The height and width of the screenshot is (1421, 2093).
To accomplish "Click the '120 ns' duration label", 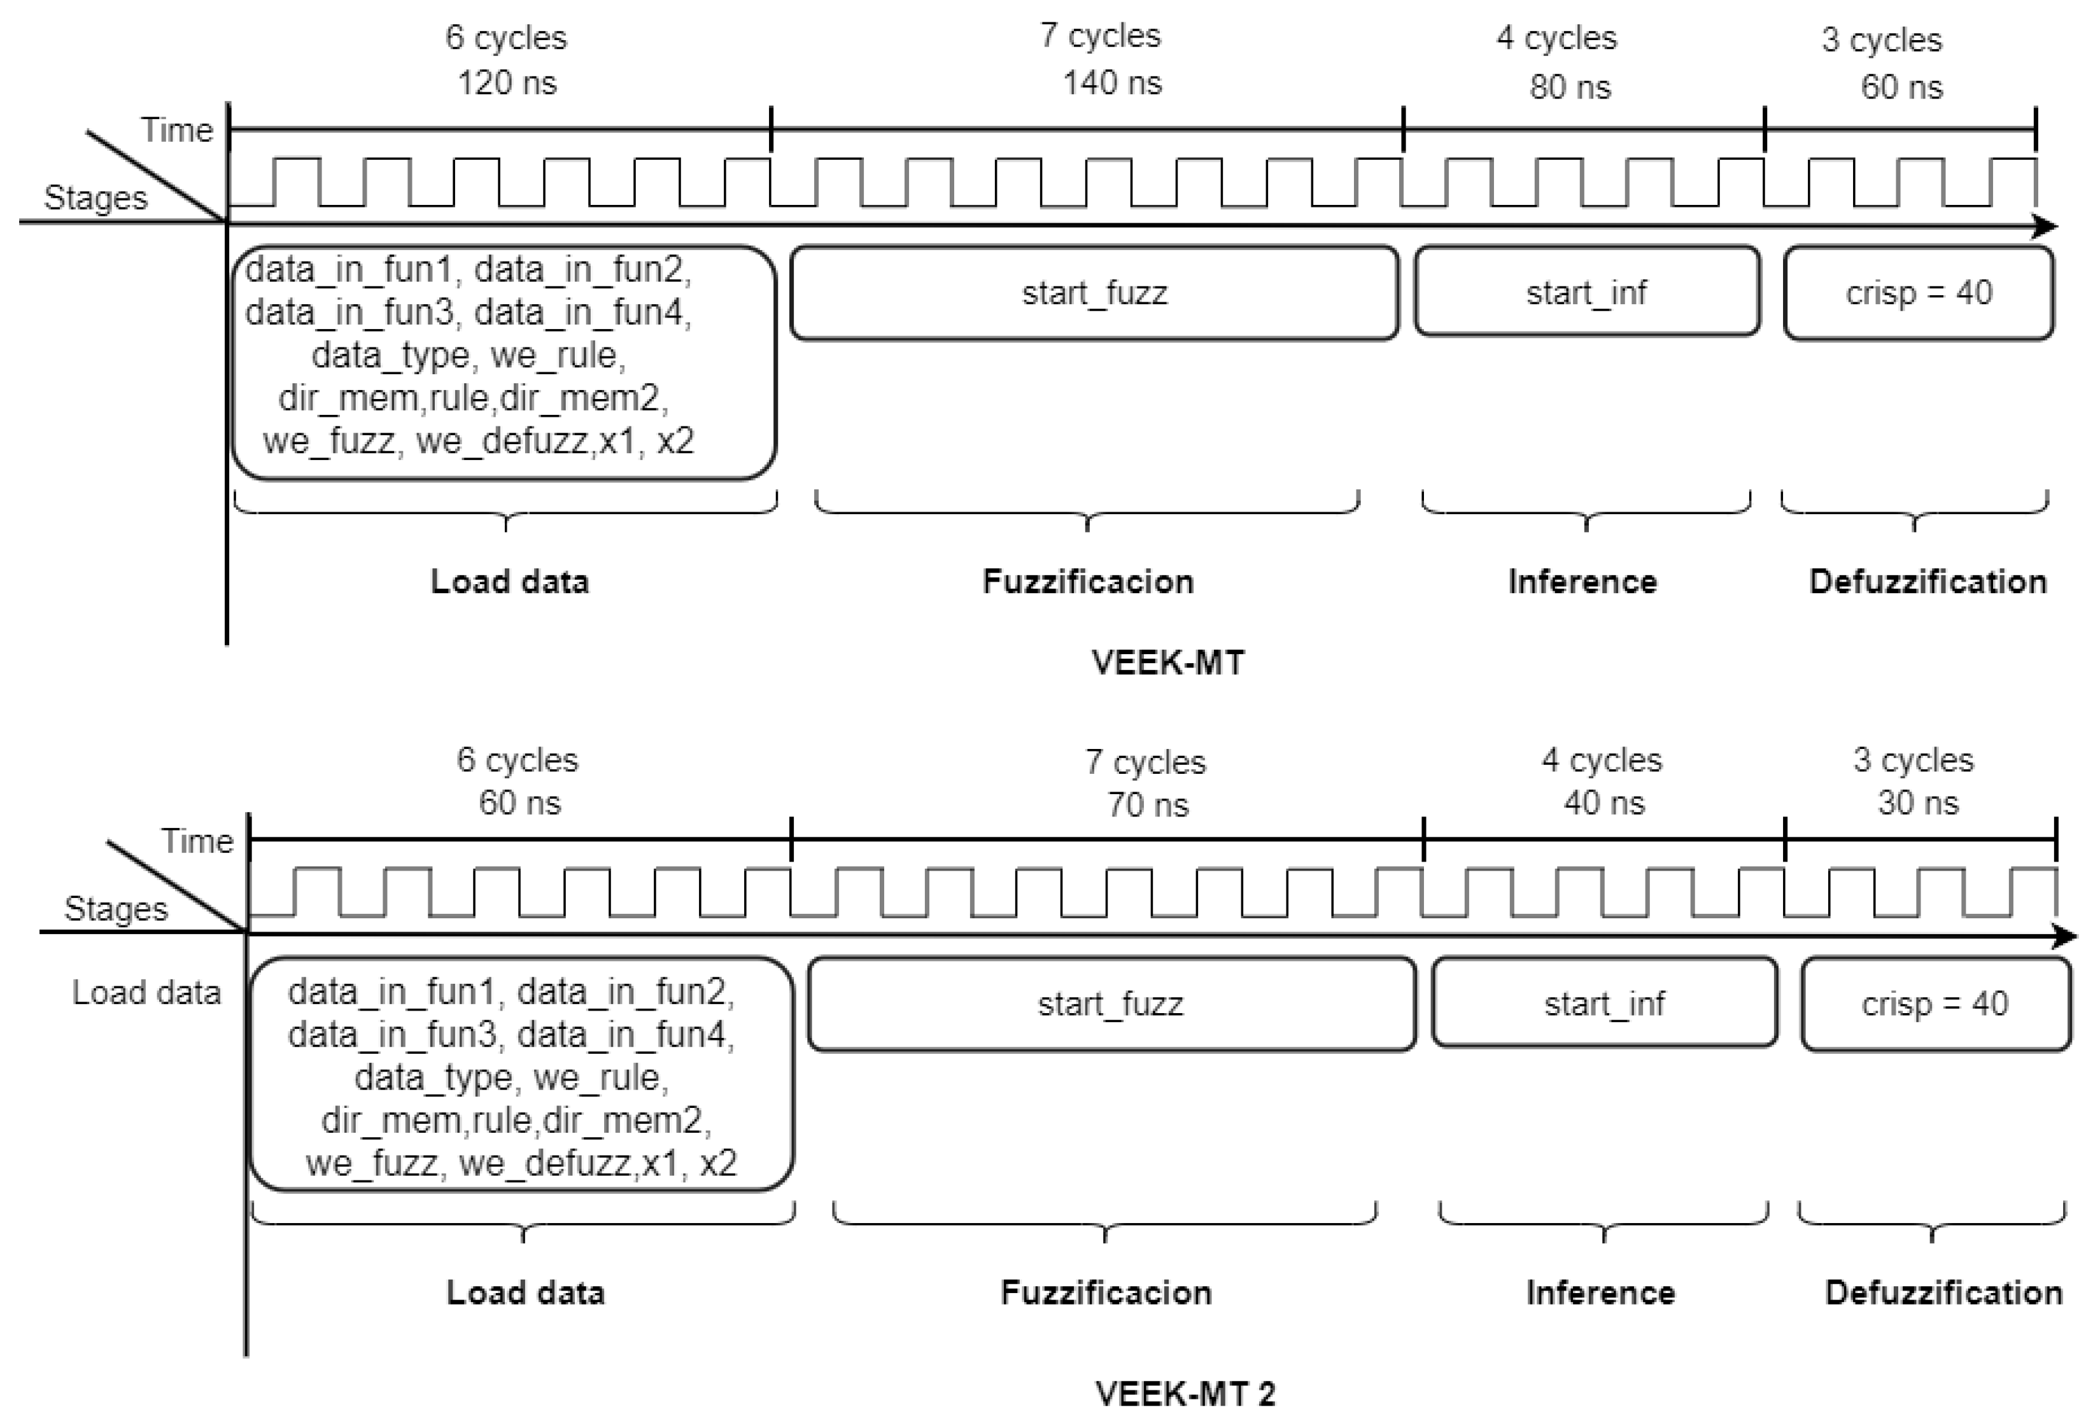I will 507,83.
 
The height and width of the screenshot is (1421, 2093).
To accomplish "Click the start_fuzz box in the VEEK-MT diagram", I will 1094,293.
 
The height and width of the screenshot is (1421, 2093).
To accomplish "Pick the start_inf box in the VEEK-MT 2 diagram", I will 1604,1003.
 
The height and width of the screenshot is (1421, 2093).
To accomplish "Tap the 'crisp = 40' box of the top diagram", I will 1919,293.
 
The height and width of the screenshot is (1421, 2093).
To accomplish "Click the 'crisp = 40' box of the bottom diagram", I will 1935,1003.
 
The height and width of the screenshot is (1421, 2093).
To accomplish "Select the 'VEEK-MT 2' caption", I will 1185,1394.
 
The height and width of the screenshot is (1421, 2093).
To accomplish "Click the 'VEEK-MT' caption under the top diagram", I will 1168,663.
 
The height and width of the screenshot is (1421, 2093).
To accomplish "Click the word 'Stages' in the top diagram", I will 95,197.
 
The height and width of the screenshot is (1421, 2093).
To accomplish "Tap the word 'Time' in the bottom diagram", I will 197,841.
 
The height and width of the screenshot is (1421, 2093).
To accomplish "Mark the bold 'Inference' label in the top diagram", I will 1582,582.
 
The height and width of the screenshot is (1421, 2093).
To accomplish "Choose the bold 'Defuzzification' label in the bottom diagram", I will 1943,1293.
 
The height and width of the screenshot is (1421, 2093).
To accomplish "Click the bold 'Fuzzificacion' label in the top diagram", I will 1088,582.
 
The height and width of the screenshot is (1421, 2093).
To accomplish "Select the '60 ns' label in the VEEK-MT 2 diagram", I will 519,802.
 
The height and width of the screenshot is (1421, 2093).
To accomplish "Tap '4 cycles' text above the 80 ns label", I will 1556,38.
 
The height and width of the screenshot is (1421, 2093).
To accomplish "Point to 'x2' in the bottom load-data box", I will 718,1163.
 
